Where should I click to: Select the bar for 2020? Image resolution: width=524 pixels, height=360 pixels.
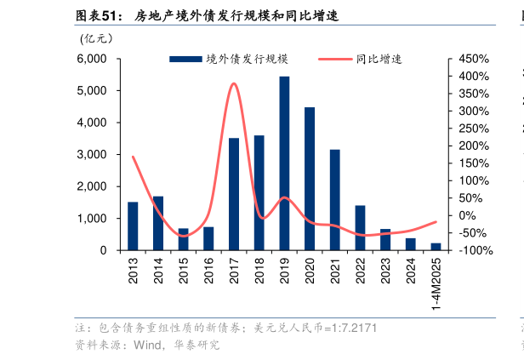pyautogui.click(x=310, y=179)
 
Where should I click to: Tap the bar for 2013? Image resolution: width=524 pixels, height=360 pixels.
pyautogui.click(x=133, y=226)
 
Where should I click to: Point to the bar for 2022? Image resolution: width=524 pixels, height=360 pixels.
pyautogui.click(x=360, y=227)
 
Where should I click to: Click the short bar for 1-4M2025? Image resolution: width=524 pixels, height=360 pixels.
pyautogui.click(x=436, y=246)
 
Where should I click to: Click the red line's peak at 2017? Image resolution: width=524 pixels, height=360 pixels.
pyautogui.click(x=233, y=83)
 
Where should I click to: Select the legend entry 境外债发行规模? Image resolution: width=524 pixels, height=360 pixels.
pyautogui.click(x=230, y=60)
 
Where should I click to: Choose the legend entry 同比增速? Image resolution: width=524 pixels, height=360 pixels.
pyautogui.click(x=360, y=60)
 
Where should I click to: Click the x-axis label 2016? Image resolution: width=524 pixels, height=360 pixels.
pyautogui.click(x=208, y=273)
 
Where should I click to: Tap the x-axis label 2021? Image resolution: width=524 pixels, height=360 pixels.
pyautogui.click(x=334, y=273)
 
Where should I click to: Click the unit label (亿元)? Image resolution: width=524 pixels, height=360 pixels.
pyautogui.click(x=96, y=39)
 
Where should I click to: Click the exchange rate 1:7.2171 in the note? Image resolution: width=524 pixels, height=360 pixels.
pyautogui.click(x=351, y=328)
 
